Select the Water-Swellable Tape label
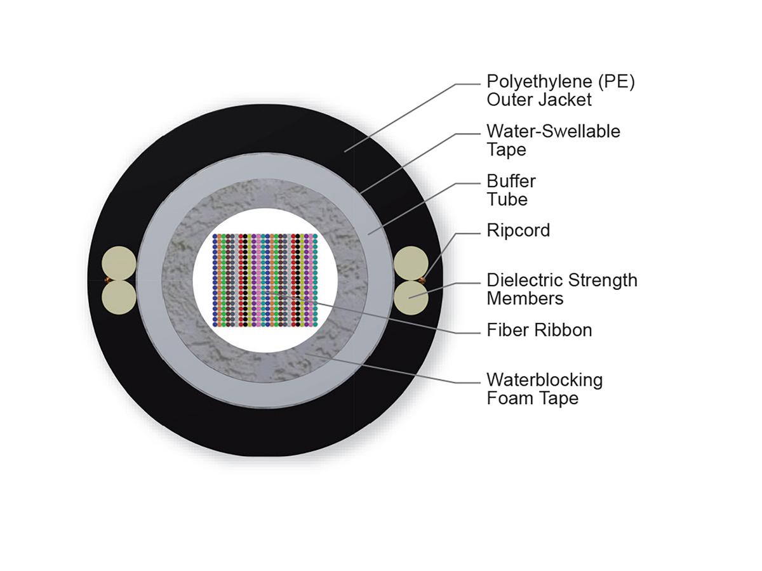coord(553,140)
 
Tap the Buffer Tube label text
coord(511,190)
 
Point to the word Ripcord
coord(518,230)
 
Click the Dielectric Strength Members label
coord(562,289)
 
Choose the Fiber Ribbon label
coord(539,330)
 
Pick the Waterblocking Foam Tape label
coord(544,389)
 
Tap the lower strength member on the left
coord(119,296)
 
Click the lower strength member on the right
coord(410,296)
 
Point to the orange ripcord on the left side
coord(107,280)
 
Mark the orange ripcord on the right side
coord(422,280)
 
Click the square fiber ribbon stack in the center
coord(265,280)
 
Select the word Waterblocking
coord(544,380)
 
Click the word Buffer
coord(511,181)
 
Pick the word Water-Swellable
coord(553,131)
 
